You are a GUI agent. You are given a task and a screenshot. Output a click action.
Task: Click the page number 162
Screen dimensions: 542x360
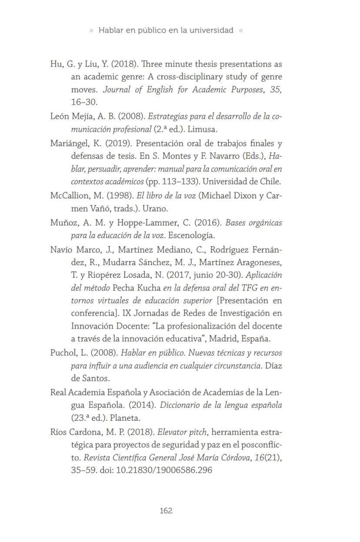(166, 511)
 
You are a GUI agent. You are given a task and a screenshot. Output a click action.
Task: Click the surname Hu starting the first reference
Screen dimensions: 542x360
(56, 64)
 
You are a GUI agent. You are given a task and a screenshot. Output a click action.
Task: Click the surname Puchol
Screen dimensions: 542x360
(63, 353)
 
